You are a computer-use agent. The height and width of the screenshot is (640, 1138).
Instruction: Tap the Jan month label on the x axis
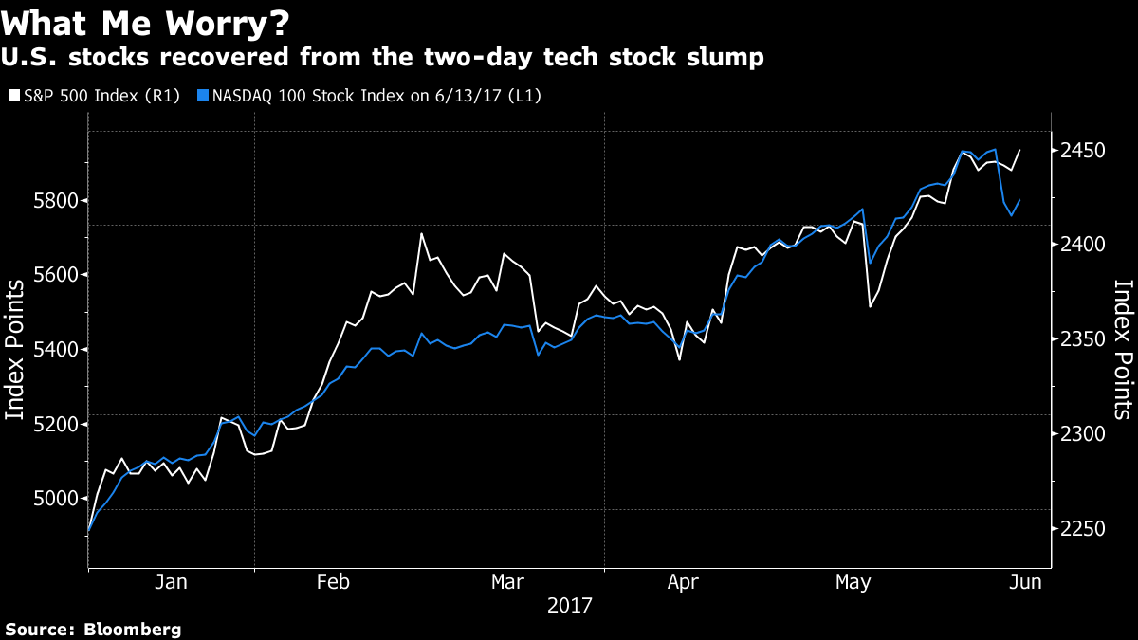171,582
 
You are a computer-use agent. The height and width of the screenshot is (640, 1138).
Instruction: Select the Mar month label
508,582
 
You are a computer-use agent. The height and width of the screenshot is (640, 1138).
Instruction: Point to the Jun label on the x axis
1025,582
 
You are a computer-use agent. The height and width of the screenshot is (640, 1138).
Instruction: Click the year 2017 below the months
569,604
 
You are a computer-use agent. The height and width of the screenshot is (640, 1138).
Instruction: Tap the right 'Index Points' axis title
1122,349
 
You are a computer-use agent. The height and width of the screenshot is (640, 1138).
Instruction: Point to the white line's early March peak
421,233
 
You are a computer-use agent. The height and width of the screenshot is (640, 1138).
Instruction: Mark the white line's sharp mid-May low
870,306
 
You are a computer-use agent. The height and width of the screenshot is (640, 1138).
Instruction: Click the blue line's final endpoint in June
1019,200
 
